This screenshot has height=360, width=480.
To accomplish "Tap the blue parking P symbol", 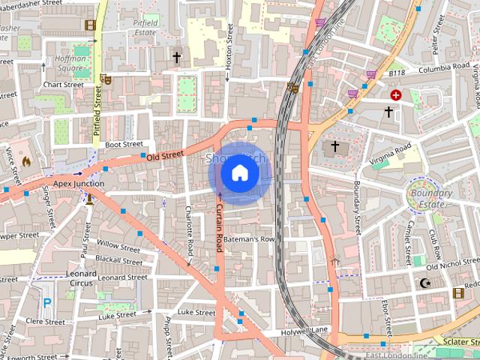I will (x=47, y=303).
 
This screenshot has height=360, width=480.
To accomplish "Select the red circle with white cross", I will (x=395, y=95).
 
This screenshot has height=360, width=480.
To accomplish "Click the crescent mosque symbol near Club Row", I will (x=426, y=283).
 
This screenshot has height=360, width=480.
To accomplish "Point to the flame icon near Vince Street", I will (x=26, y=160).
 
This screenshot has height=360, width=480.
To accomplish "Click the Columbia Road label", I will (x=444, y=68).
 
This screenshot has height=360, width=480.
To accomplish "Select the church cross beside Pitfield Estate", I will (x=177, y=57).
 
